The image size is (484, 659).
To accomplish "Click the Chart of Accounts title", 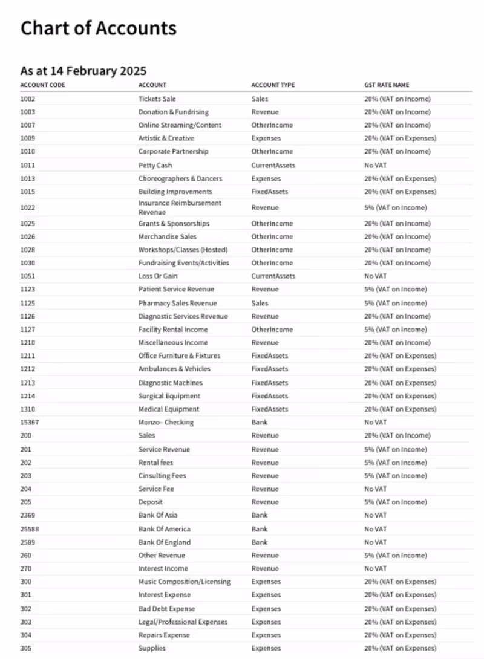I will pyautogui.click(x=99, y=28).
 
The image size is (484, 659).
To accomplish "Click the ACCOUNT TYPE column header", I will pyautogui.click(x=273, y=85).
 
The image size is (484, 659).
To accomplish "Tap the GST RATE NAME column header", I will pyautogui.click(x=387, y=85).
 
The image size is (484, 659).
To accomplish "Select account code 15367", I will pyautogui.click(x=30, y=423).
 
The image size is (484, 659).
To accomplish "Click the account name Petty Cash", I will pyautogui.click(x=155, y=165).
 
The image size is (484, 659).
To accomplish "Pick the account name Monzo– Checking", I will pyautogui.click(x=166, y=423).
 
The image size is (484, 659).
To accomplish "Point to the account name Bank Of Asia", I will pyautogui.click(x=158, y=515).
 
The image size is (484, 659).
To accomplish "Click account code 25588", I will pyautogui.click(x=30, y=529).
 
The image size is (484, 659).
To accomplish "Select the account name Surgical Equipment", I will pyautogui.click(x=169, y=396).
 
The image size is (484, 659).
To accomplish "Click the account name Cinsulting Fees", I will pyautogui.click(x=162, y=476).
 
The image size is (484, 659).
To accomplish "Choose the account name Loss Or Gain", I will pyautogui.click(x=158, y=276).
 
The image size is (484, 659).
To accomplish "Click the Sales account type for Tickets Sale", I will pyautogui.click(x=260, y=99).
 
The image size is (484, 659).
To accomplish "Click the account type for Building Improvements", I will pyautogui.click(x=270, y=192).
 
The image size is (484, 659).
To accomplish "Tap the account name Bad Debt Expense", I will pyautogui.click(x=166, y=609).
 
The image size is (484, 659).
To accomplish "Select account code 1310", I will pyautogui.click(x=28, y=409).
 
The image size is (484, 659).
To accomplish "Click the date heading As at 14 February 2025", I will pyautogui.click(x=83, y=71).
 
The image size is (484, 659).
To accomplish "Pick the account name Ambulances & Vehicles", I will pyautogui.click(x=174, y=369).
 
